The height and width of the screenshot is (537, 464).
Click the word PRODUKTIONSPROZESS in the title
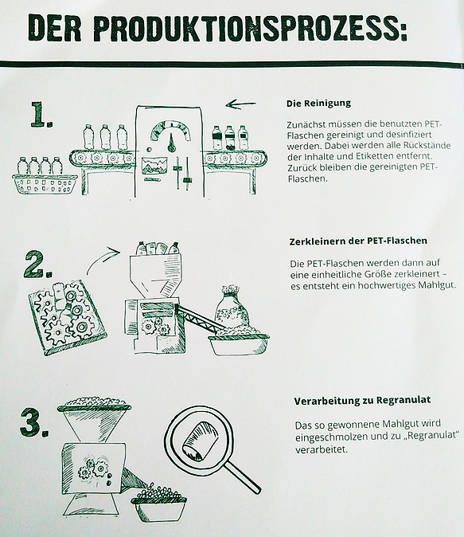251,29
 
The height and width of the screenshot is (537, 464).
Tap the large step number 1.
41,115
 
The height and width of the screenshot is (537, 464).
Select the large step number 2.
38,265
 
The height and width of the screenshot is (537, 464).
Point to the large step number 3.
34,422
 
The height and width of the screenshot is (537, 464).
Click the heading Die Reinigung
318,103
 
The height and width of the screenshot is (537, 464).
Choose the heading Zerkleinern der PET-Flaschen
358,241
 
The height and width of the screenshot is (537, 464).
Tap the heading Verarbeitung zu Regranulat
362,400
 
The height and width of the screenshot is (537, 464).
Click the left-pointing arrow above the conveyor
240,104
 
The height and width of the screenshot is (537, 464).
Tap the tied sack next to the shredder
230,308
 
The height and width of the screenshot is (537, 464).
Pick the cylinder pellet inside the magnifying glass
201,441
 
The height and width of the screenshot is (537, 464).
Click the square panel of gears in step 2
68,317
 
